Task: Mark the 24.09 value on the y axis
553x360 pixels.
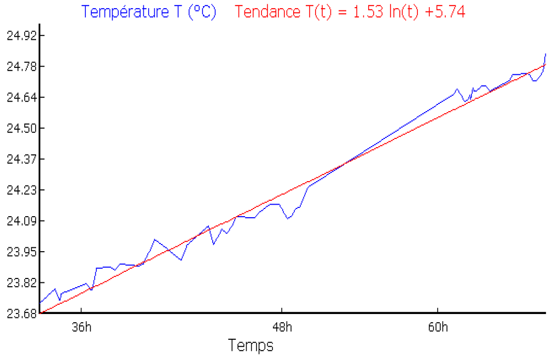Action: click(18, 221)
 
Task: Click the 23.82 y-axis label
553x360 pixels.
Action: click(18, 283)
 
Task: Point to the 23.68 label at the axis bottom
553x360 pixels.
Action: click(18, 313)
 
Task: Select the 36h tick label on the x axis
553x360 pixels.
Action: click(82, 328)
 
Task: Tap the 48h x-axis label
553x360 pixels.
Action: click(282, 328)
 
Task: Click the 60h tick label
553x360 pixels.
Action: click(438, 328)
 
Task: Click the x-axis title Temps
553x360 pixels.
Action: click(251, 346)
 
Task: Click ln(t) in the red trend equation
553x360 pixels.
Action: click(400, 12)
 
